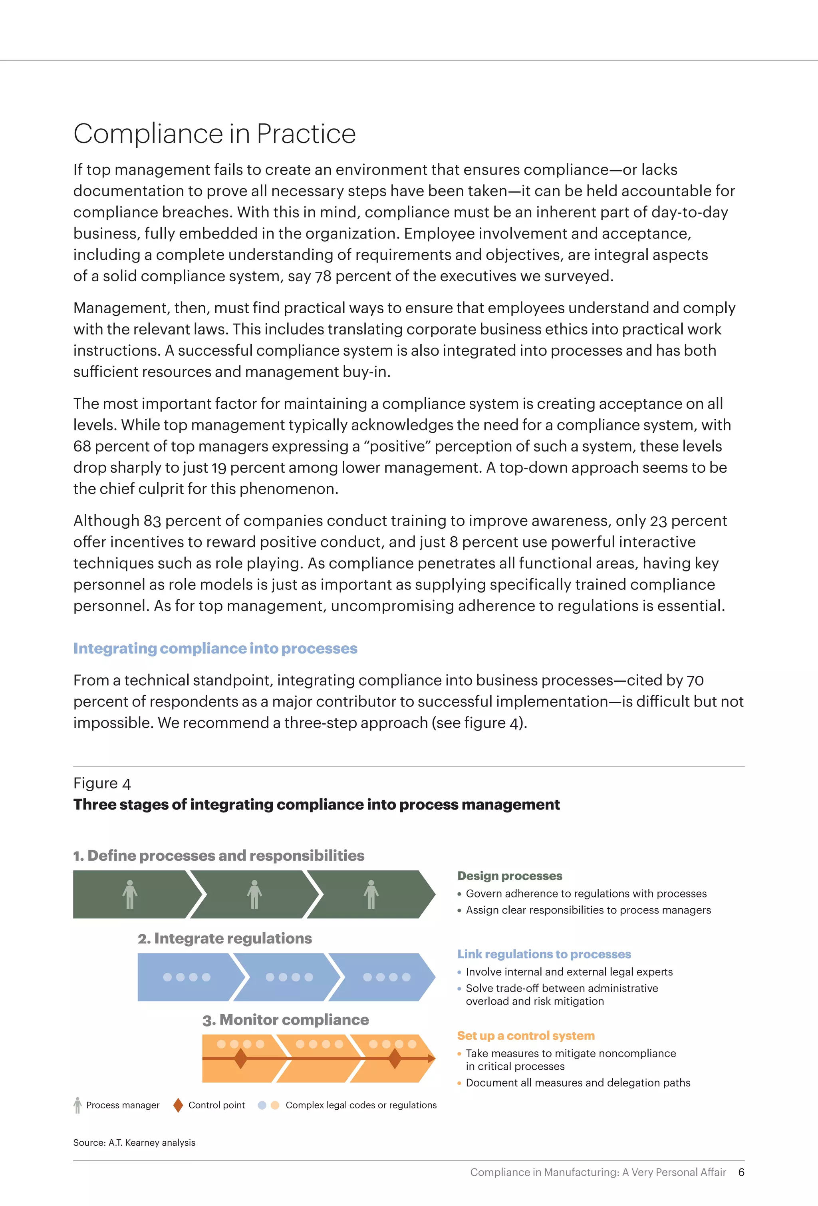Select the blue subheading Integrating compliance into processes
point(215,648)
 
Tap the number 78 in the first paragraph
point(323,276)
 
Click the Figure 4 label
point(102,783)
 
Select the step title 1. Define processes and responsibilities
point(218,856)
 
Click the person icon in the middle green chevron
point(254,894)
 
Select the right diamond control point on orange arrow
point(395,1059)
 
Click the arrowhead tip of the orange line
point(432,1059)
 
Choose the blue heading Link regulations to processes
point(544,954)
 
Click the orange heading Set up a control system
point(526,1036)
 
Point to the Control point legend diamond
point(178,1105)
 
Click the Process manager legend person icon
point(78,1105)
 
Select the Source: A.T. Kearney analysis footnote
point(134,1143)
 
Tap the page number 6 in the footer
point(741,1172)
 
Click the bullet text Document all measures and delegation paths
point(578,1083)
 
